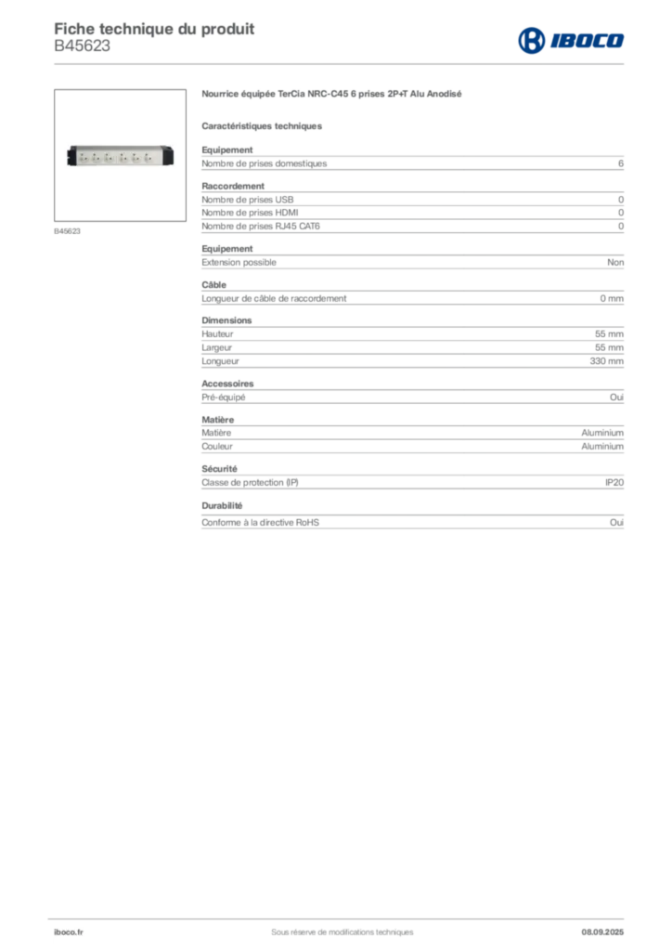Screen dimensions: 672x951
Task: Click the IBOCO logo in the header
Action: click(x=571, y=40)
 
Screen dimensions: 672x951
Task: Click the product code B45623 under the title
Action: click(x=82, y=46)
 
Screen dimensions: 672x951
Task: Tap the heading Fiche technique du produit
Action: click(x=154, y=29)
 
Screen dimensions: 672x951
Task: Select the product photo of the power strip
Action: click(x=120, y=156)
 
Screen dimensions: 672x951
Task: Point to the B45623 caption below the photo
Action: click(x=67, y=231)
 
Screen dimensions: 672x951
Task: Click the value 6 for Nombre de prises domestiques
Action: click(x=621, y=163)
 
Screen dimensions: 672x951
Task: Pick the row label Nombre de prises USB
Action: click(x=247, y=200)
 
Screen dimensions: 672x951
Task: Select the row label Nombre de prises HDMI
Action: click(x=250, y=213)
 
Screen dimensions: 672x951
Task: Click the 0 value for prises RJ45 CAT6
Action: click(x=621, y=227)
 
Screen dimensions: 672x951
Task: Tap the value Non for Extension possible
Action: click(x=615, y=262)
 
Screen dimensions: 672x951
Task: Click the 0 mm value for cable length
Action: click(x=612, y=298)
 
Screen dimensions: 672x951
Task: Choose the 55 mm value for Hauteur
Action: click(x=609, y=334)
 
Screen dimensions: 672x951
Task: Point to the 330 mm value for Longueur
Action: click(x=606, y=361)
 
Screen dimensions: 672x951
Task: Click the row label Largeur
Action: click(x=217, y=347)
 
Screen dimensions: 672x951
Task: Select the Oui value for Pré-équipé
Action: click(x=616, y=397)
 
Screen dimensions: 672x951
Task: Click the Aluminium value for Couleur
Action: click(x=602, y=447)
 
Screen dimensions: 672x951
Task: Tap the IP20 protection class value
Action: click(x=614, y=483)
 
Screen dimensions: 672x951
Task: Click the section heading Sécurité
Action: click(x=219, y=469)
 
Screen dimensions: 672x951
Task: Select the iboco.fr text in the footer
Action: click(x=69, y=932)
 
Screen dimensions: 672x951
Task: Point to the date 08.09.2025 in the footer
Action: click(x=602, y=932)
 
